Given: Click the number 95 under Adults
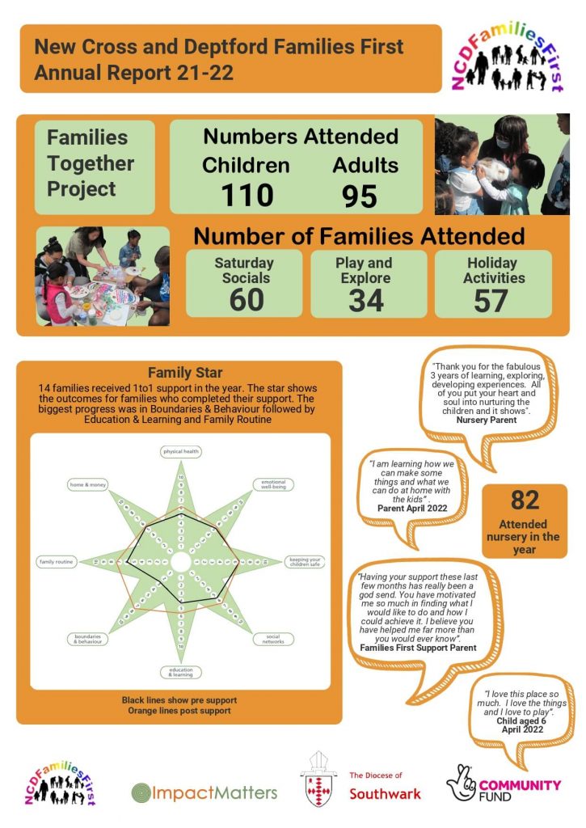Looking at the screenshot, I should click(360, 196).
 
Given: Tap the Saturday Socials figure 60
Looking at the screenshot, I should click(246, 300).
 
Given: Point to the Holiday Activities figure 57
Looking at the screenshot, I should click(491, 300).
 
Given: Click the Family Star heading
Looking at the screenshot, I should click(179, 373).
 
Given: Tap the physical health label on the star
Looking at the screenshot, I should click(180, 452).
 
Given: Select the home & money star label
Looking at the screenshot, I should click(89, 484).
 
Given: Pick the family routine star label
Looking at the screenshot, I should click(57, 561).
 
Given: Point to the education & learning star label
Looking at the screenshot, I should click(180, 672).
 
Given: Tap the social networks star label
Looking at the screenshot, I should click(272, 639).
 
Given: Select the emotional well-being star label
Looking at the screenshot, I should click(273, 484).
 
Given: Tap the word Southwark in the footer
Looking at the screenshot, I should click(385, 794).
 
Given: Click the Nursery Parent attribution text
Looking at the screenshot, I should click(487, 420).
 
